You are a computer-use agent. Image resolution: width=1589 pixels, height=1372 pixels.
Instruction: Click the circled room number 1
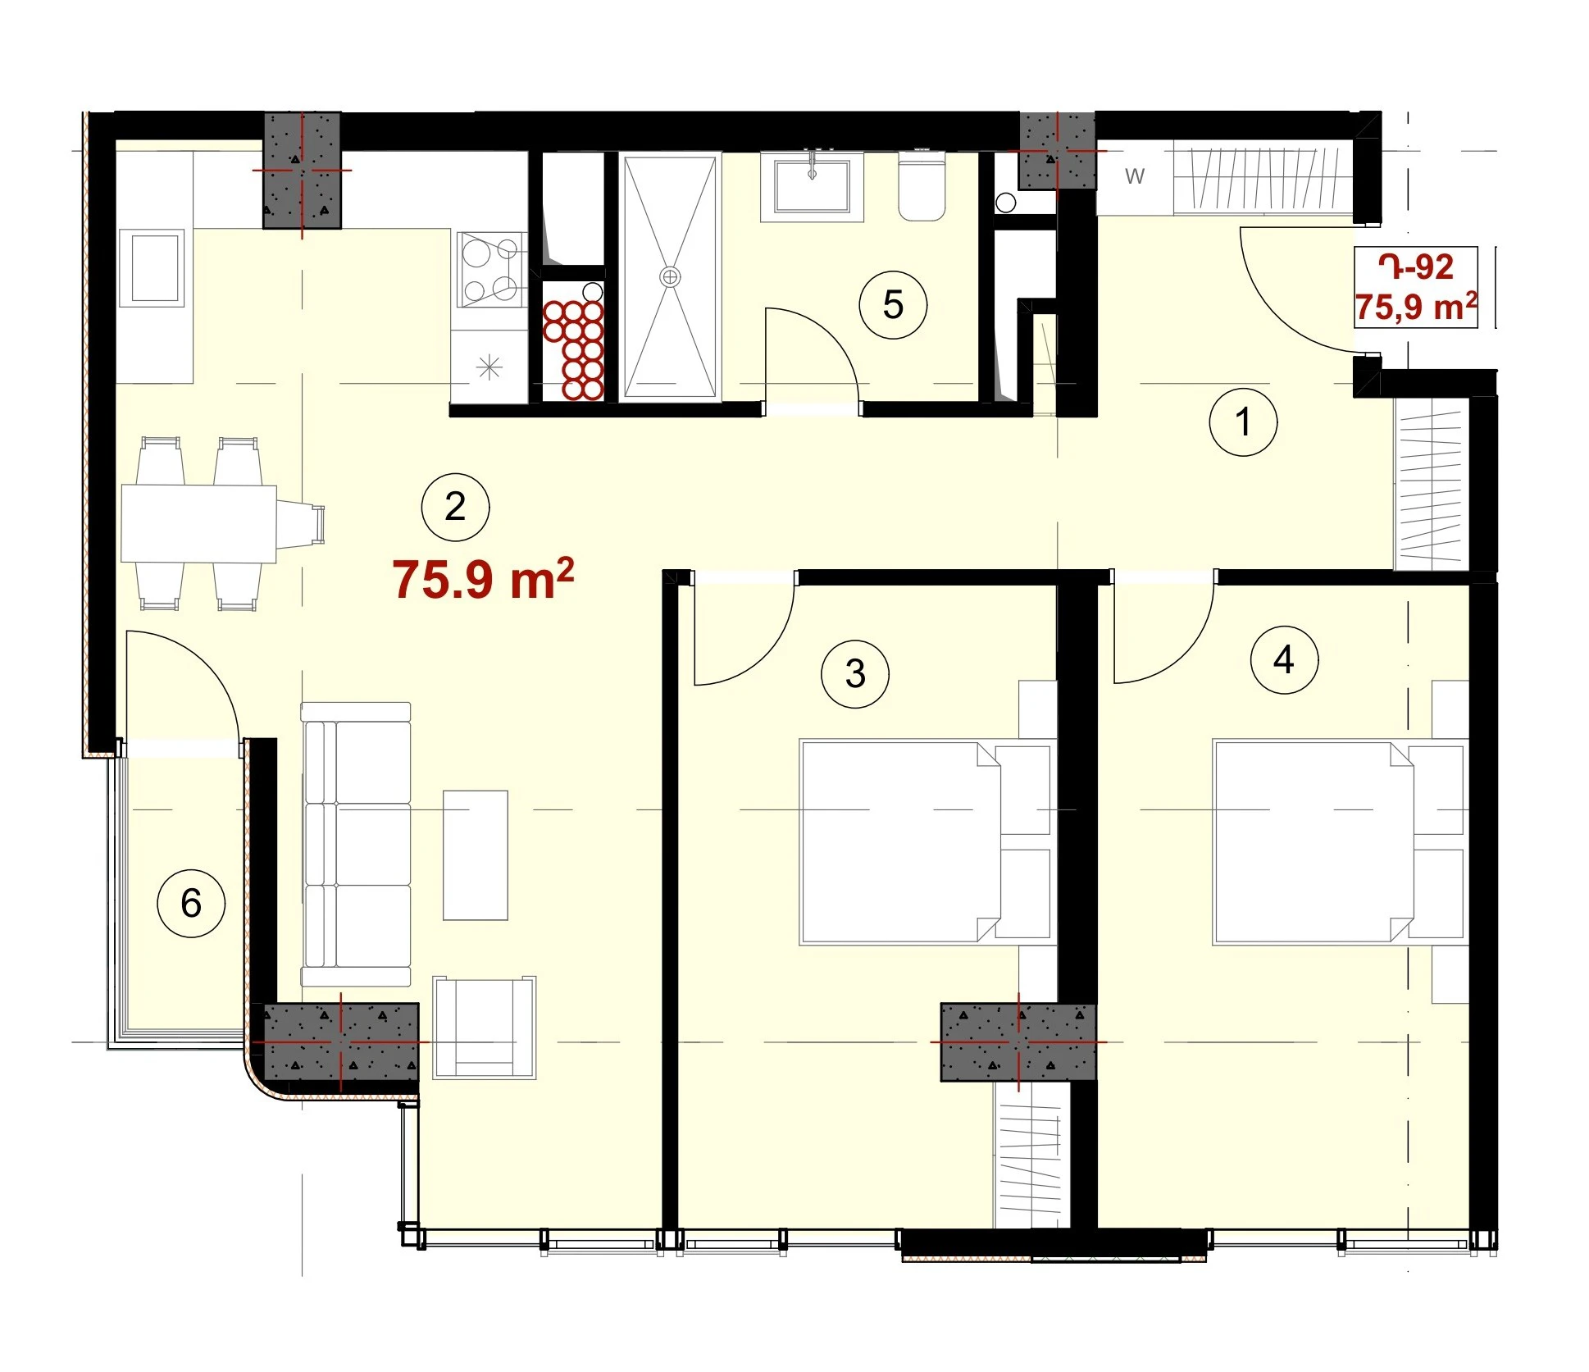click(1243, 422)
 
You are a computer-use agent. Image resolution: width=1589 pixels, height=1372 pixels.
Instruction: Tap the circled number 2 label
click(455, 507)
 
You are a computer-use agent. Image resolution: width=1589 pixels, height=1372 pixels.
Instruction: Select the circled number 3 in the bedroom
click(855, 674)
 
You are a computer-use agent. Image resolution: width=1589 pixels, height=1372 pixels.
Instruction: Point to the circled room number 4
click(1284, 659)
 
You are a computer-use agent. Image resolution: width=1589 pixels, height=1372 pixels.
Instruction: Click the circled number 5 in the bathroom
click(893, 305)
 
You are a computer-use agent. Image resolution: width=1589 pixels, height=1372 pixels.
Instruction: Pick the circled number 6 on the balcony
click(191, 903)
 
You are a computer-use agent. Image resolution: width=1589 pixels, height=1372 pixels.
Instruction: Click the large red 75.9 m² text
click(483, 579)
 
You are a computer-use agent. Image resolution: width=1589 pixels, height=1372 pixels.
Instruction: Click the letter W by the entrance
click(1135, 176)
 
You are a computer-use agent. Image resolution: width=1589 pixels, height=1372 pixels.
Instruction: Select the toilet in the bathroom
click(922, 186)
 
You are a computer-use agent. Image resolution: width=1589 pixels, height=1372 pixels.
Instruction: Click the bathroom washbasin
click(812, 186)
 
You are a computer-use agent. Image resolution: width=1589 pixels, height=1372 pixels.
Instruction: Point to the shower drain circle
click(671, 276)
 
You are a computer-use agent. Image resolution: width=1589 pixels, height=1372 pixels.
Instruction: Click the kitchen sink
click(152, 267)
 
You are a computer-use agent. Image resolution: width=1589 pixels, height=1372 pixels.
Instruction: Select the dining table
click(199, 524)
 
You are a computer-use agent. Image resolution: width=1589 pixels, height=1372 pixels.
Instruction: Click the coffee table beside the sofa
click(476, 855)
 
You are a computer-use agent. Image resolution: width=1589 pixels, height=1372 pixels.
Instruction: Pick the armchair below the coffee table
click(485, 1027)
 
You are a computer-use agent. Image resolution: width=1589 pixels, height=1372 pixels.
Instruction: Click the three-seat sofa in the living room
click(356, 844)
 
